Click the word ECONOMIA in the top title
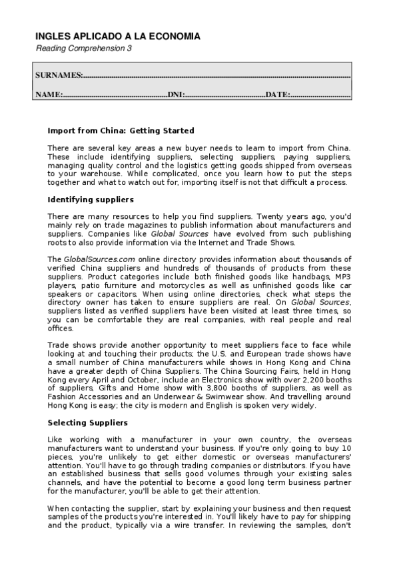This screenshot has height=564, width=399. tap(175, 37)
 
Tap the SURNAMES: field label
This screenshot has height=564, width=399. tap(59, 75)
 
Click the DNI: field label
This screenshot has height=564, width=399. tap(175, 95)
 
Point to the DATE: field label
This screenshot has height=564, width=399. tap(278, 95)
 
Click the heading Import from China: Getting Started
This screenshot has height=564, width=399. tap(121, 130)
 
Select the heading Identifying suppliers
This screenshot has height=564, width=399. tap(91, 200)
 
